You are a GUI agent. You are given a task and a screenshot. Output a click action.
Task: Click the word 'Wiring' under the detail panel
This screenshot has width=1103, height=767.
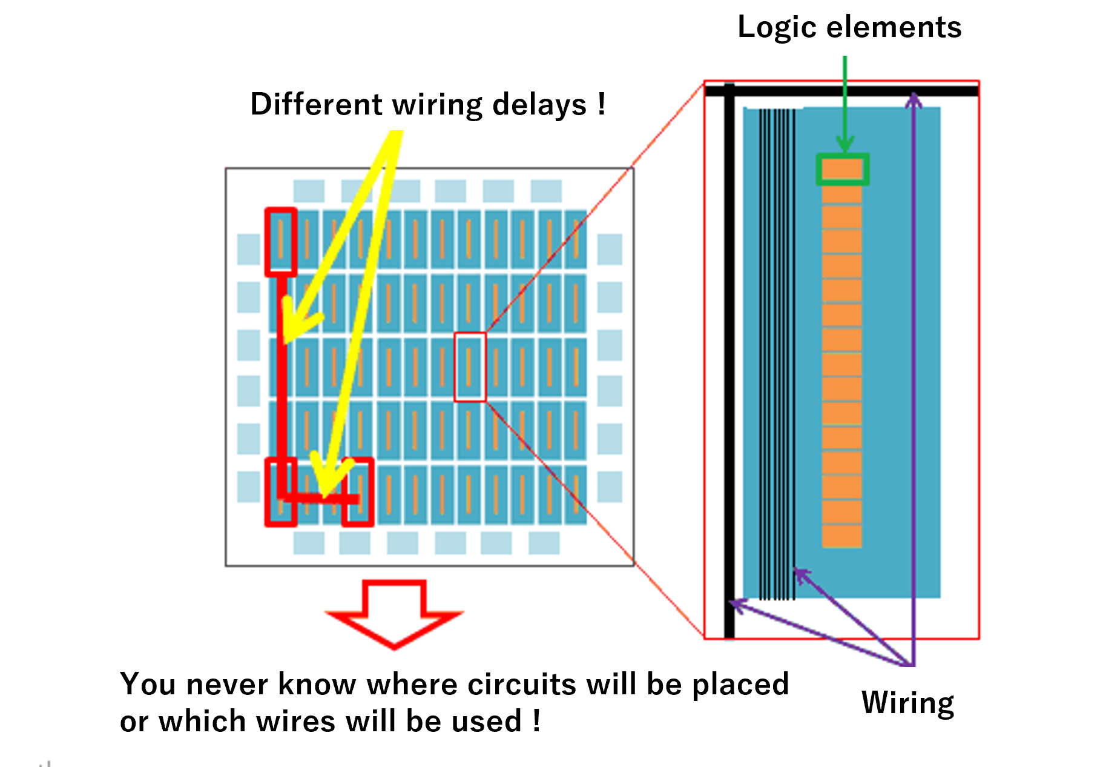pyautogui.click(x=907, y=703)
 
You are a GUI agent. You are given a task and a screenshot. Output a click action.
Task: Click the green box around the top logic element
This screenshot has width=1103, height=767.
pyautogui.click(x=842, y=169)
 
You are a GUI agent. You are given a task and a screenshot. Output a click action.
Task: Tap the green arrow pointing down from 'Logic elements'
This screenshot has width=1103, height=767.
pyautogui.click(x=845, y=103)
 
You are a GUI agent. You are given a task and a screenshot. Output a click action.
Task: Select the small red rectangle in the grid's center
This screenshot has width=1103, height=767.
pyautogui.click(x=470, y=367)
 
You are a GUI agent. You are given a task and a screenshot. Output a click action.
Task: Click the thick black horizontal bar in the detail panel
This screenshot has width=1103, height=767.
pyautogui.click(x=841, y=91)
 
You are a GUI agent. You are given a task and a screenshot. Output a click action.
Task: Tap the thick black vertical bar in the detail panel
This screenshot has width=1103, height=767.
pyautogui.click(x=729, y=364)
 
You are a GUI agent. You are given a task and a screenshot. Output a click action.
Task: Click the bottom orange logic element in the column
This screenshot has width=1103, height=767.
pyautogui.click(x=841, y=536)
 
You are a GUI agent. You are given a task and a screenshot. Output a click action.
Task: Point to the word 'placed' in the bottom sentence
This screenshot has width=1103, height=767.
pyautogui.click(x=740, y=685)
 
